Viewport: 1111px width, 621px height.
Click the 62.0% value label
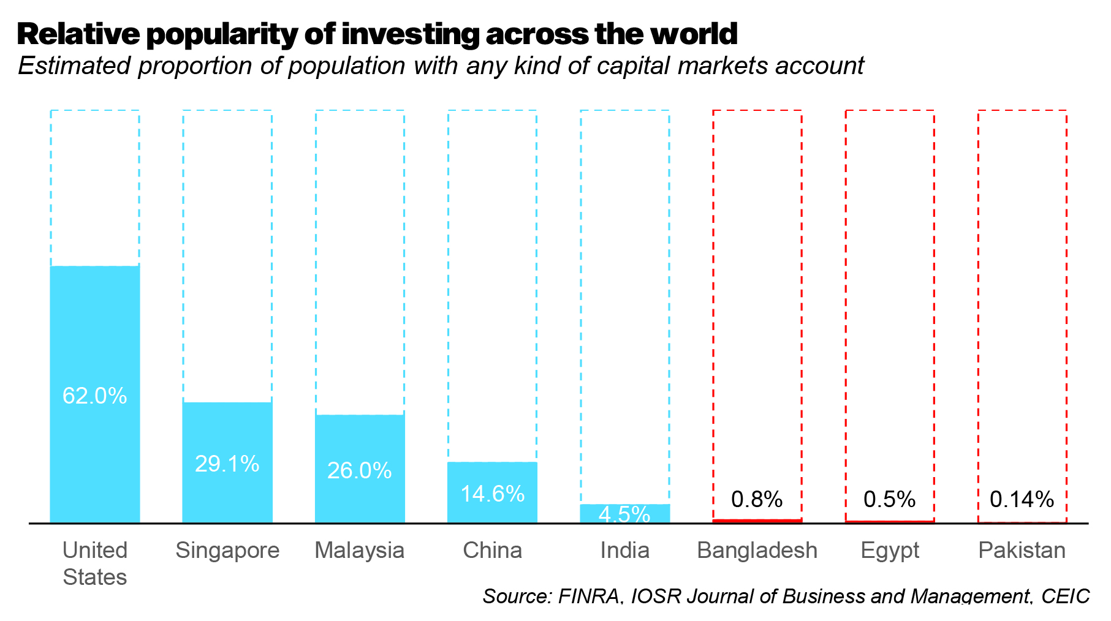point(94,396)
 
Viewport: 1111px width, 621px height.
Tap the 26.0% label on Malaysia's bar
point(359,470)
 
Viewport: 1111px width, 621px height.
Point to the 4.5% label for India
point(624,514)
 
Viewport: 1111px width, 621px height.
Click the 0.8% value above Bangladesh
point(757,499)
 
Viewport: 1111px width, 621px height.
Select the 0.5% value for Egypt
point(889,499)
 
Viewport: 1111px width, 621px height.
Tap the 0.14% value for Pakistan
point(1022,499)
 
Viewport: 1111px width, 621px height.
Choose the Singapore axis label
point(227,550)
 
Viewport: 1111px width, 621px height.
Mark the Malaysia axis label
point(359,550)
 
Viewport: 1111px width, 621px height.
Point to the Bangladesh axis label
point(757,550)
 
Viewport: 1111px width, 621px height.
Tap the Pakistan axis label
point(1022,550)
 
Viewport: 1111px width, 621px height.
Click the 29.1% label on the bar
point(227,464)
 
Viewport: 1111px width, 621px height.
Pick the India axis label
point(624,550)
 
